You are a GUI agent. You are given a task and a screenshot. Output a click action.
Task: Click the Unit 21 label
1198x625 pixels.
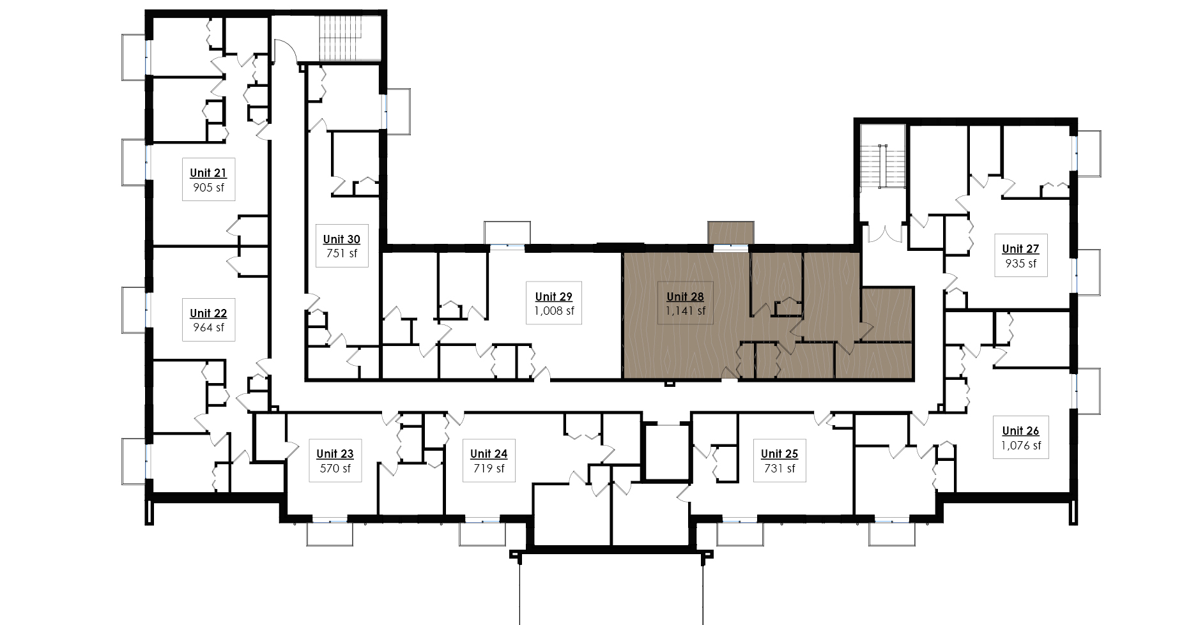[208, 173]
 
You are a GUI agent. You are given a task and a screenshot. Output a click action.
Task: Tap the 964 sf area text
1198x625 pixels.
[208, 328]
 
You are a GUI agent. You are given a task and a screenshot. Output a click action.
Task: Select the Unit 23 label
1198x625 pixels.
[335, 454]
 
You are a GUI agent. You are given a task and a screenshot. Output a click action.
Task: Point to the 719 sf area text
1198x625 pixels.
[489, 469]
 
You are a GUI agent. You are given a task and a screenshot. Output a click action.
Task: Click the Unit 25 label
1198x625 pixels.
[779, 454]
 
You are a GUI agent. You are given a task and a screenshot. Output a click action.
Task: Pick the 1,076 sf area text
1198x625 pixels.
[1021, 446]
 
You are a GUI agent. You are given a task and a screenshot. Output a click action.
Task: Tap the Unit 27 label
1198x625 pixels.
[1020, 249]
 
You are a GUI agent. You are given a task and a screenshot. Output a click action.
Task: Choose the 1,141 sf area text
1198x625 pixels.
[686, 312]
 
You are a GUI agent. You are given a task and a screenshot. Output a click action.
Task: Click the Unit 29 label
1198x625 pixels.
[554, 297]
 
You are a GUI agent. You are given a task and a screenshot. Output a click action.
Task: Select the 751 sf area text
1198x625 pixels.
[342, 253]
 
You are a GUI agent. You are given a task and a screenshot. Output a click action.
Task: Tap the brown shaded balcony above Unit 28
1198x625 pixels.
[731, 232]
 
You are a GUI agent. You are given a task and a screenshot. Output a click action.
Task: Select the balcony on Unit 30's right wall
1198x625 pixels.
[398, 111]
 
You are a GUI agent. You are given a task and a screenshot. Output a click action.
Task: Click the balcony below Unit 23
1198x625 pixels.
[330, 534]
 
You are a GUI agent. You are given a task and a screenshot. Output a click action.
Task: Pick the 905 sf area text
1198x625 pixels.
[208, 188]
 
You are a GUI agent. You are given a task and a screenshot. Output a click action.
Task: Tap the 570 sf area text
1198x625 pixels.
[335, 469]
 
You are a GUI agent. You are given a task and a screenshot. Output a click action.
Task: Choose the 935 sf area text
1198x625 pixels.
[1020, 264]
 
